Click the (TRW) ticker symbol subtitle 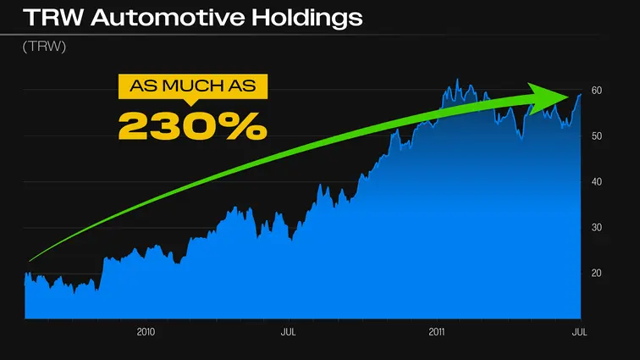click(x=44, y=47)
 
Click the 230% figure click(x=193, y=125)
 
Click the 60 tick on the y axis click(x=597, y=91)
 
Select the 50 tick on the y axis click(x=597, y=136)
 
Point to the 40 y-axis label click(x=597, y=182)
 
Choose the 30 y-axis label click(x=597, y=228)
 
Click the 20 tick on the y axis click(x=597, y=274)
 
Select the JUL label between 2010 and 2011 click(x=288, y=331)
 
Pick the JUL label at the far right click(x=579, y=331)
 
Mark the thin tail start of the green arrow click(x=30, y=260)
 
